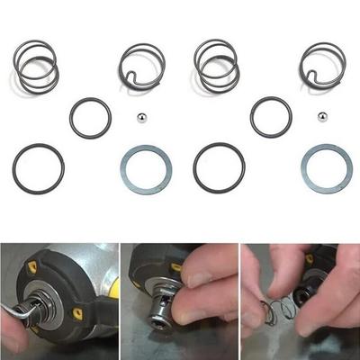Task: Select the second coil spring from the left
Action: click(x=142, y=66)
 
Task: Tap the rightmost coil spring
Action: click(x=322, y=66)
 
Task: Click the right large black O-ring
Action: click(x=219, y=166)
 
